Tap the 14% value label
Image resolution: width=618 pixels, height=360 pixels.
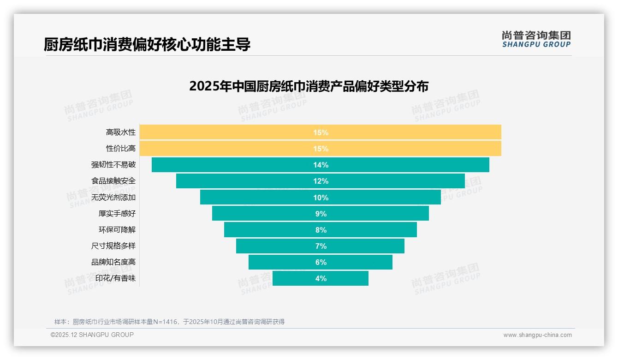click(321, 165)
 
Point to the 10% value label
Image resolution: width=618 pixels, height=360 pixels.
click(321, 198)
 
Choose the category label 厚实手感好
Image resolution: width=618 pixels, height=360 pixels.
click(117, 214)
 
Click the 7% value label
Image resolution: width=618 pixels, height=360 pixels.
click(321, 246)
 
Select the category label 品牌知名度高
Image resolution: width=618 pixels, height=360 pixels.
click(113, 262)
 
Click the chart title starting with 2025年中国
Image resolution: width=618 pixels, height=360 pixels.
click(309, 86)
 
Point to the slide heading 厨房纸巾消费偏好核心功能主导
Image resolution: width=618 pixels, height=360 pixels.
click(147, 45)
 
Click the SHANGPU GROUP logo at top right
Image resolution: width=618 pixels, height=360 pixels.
click(536, 39)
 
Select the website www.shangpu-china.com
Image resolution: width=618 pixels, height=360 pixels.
click(537, 335)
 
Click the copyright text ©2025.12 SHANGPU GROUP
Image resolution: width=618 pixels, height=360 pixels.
click(92, 335)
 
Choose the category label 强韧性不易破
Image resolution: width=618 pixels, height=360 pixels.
click(113, 165)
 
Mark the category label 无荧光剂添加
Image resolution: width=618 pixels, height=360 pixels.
click(113, 198)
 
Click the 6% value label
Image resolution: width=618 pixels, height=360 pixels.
click(321, 262)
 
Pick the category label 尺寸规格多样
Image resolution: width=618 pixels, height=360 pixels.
click(113, 246)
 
